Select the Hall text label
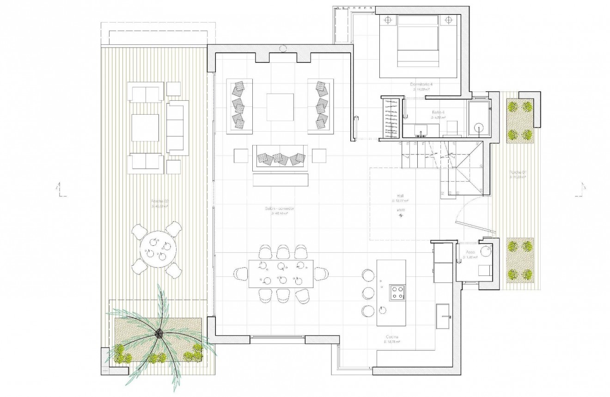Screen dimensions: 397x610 pyautogui.click(x=400, y=195)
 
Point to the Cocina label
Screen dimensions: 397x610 pyautogui.click(x=391, y=337)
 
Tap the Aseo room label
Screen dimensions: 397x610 pyautogui.click(x=470, y=253)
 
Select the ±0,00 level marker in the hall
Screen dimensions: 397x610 pyautogui.click(x=400, y=211)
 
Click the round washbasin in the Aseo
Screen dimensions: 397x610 pyautogui.click(x=485, y=251)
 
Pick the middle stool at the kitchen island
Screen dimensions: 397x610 pyautogui.click(x=368, y=293)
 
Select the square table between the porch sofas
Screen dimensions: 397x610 pyautogui.click(x=146, y=128)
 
